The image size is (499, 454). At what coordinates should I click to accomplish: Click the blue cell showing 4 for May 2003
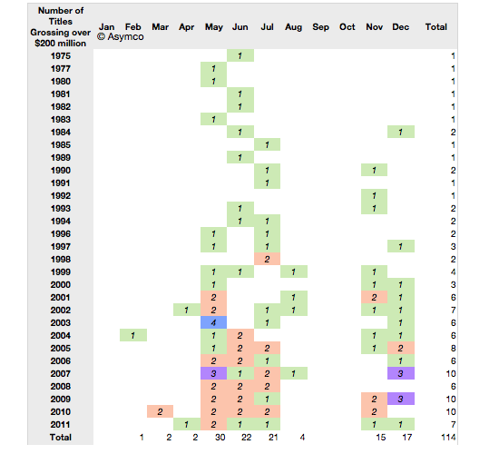pyautogui.click(x=213, y=322)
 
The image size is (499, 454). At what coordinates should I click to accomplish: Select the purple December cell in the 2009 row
pyautogui.click(x=401, y=399)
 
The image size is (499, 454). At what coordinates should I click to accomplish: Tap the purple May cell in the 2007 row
pyautogui.click(x=213, y=373)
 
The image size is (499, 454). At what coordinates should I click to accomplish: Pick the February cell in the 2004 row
pyautogui.click(x=133, y=335)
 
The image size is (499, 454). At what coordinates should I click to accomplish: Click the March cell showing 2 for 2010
pyautogui.click(x=160, y=411)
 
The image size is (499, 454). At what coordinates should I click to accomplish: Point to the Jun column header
pyautogui.click(x=240, y=27)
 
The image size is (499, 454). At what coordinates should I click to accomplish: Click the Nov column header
pyautogui.click(x=374, y=27)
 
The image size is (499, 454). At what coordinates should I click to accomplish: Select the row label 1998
pyautogui.click(x=61, y=260)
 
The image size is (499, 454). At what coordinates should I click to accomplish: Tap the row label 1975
pyautogui.click(x=61, y=55)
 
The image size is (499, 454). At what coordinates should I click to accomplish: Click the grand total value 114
pyautogui.click(x=448, y=437)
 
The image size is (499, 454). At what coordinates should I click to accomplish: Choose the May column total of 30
pyautogui.click(x=220, y=437)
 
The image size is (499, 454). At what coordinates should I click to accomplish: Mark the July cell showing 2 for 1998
pyautogui.click(x=267, y=259)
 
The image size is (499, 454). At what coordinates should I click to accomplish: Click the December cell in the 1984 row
pyautogui.click(x=401, y=132)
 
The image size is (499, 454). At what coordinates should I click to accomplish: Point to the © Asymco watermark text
pyautogui.click(x=121, y=37)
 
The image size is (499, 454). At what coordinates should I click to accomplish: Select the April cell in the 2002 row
pyautogui.click(x=187, y=310)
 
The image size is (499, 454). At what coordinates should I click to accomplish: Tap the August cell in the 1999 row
pyautogui.click(x=294, y=271)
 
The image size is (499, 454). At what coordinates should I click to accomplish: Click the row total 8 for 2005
pyautogui.click(x=453, y=349)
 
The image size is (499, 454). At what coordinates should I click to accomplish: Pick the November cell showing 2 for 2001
pyautogui.click(x=374, y=297)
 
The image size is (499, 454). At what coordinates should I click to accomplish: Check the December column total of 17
pyautogui.click(x=407, y=437)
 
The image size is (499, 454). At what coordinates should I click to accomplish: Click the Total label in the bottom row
pyautogui.click(x=61, y=437)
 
